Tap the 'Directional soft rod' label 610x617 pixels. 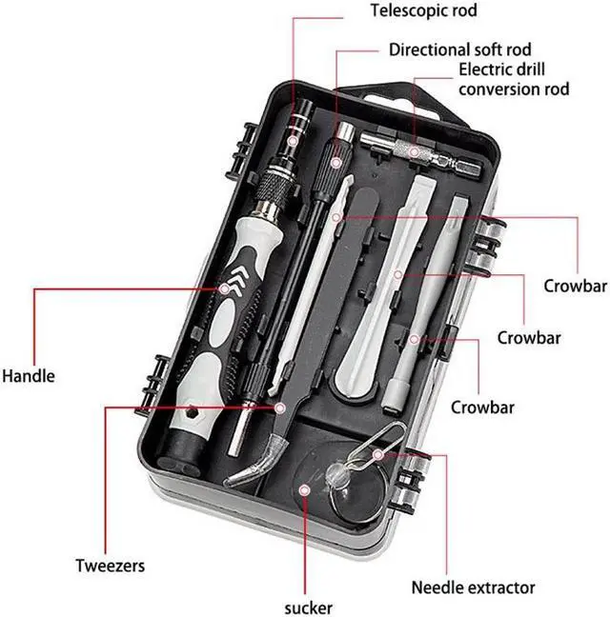pos(459,49)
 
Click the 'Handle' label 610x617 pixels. pos(28,375)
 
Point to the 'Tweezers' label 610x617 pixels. pos(111,566)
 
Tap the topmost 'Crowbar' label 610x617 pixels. pos(575,286)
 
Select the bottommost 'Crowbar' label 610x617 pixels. pos(482,408)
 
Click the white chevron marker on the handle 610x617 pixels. pos(226,286)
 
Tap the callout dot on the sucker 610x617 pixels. pos(304,488)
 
